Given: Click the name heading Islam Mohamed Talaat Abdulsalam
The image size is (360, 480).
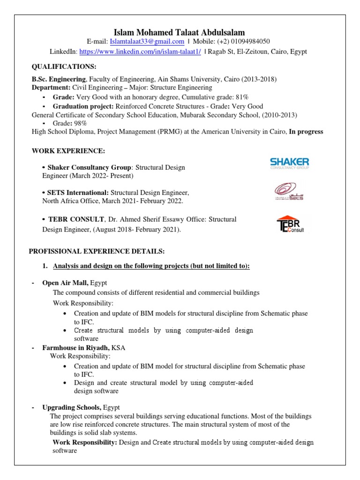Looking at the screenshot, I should [x=180, y=32].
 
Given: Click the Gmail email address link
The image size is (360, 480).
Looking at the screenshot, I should [x=147, y=42].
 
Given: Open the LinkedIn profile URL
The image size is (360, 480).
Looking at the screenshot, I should [x=140, y=52].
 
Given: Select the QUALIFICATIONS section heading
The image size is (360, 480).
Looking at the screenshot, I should [x=64, y=67].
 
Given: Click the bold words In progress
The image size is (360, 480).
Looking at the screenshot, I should [x=306, y=132].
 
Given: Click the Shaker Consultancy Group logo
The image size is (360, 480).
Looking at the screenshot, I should [x=289, y=164].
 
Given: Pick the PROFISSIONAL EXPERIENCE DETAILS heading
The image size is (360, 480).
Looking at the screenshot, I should [x=97, y=252].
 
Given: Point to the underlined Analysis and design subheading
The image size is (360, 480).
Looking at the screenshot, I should [x=151, y=266].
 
